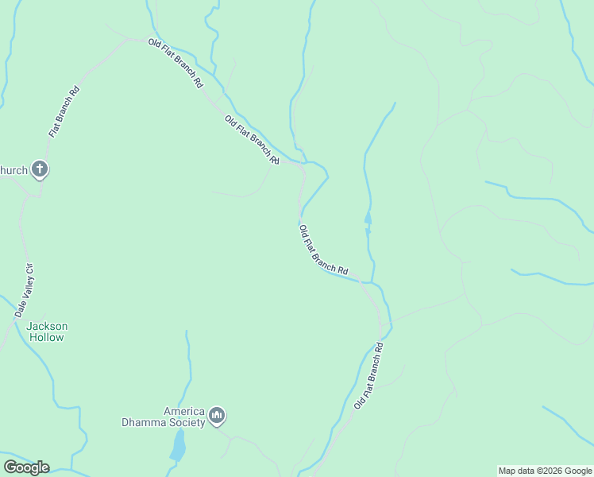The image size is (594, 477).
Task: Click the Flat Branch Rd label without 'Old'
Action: click(65, 111)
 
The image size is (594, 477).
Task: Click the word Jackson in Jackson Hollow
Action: click(47, 326)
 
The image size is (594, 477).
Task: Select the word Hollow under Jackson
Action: click(47, 337)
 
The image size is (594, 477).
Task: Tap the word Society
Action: click(187, 422)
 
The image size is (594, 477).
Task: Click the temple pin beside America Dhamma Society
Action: click(217, 415)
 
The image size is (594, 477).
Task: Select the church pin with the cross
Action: click(40, 169)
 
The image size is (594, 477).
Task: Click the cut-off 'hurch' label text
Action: click(13, 169)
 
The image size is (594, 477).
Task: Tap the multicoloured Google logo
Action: click(26, 467)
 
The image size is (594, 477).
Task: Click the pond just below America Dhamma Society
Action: click(178, 448)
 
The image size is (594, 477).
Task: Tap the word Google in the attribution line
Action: click(578, 471)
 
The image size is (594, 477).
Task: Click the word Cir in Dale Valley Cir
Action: click(30, 267)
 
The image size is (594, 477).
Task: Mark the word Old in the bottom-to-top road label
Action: click(358, 402)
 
